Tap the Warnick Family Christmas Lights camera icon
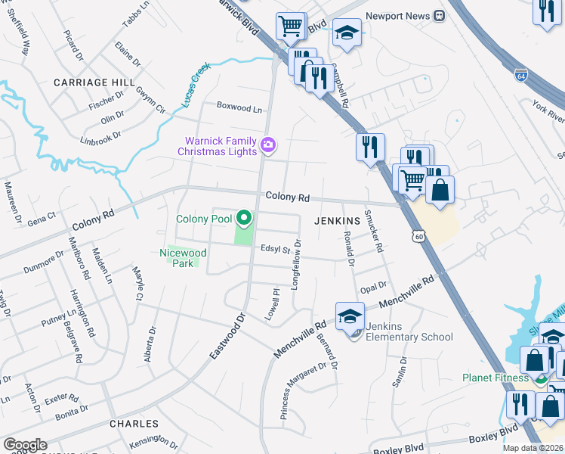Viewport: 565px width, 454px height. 267,144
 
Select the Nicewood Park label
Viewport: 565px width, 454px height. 184,258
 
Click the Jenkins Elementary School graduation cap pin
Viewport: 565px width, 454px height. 350,317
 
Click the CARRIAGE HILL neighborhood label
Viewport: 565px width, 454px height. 94,82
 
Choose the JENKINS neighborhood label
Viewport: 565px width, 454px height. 337,220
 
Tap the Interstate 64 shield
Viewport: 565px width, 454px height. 521,76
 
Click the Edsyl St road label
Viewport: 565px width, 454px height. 276,248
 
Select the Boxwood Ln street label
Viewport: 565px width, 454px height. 239,108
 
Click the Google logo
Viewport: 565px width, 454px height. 25,445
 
